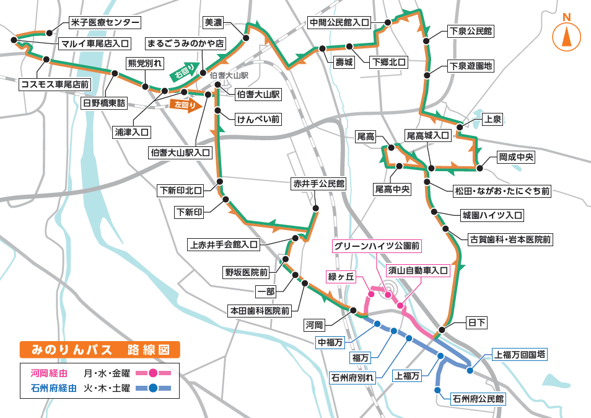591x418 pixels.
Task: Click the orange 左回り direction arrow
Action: coord(186,105)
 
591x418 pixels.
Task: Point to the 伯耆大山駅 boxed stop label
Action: coord(258,95)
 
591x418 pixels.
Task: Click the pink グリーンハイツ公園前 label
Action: coord(377,246)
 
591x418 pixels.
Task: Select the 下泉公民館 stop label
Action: coord(471,31)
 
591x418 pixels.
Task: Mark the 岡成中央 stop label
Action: coord(516,158)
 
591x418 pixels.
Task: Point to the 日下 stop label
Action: coord(476,323)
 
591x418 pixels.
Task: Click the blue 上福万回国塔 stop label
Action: coord(520,355)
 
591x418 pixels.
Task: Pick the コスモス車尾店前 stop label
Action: coord(55,84)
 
